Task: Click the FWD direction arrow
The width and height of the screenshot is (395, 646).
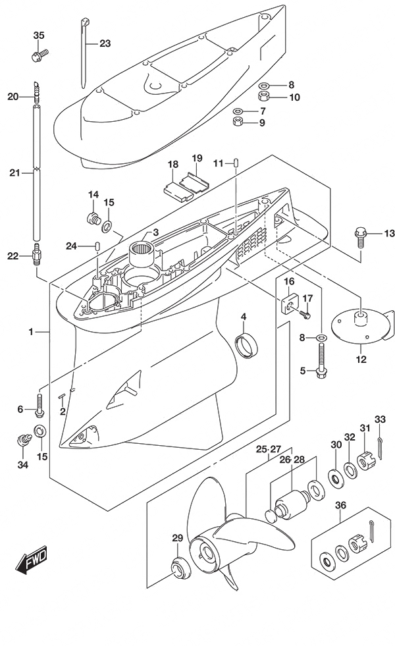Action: tap(32, 560)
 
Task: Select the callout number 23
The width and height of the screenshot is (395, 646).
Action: tap(105, 43)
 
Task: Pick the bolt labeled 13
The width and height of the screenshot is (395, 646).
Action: tap(360, 237)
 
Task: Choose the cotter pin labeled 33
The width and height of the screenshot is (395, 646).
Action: tap(381, 448)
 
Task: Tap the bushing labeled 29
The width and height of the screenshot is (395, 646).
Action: tap(179, 568)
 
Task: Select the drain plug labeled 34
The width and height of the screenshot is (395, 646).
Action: tap(24, 439)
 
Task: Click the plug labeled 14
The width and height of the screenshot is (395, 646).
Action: tap(94, 218)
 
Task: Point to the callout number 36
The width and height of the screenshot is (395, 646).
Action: tap(340, 505)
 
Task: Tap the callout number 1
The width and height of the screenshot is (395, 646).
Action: tap(31, 331)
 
